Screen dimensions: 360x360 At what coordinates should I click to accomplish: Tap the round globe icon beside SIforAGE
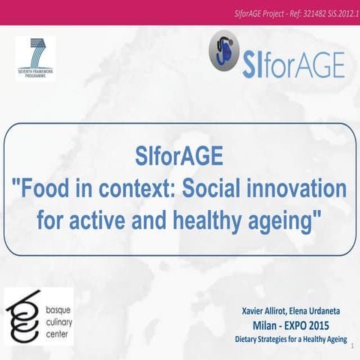(223, 55)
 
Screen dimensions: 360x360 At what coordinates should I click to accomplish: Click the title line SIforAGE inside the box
(179, 158)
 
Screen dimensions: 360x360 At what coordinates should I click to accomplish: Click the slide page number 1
(352, 346)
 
